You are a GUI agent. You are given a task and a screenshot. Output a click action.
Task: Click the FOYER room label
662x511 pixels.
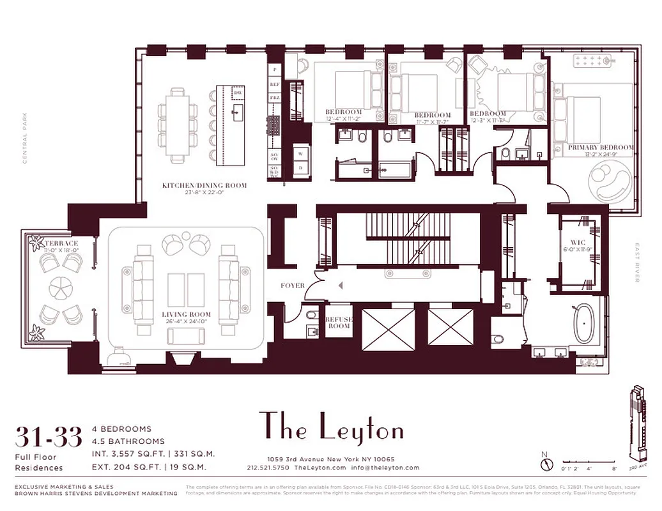pos(293,286)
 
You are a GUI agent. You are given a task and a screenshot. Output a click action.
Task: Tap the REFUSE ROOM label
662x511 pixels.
pos(339,323)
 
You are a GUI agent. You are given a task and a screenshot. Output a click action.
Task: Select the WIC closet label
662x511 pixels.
pos(578,243)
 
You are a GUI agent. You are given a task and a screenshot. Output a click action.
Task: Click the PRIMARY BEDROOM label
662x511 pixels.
pos(601,148)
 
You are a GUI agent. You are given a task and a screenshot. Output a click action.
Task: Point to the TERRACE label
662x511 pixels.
pos(61,243)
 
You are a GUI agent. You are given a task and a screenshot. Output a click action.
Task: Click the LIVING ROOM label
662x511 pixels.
pos(186,314)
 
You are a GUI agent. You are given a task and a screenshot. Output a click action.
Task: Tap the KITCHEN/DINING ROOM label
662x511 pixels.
pos(204,185)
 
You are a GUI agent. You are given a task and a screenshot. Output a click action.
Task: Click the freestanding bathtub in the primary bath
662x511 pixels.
pos(584,324)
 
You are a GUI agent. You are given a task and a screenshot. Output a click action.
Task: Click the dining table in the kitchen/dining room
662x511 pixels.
pos(177,125)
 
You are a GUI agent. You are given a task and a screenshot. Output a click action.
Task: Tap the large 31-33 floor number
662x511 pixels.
pos(49,438)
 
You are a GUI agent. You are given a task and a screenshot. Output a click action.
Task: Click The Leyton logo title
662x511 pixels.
pos(331,427)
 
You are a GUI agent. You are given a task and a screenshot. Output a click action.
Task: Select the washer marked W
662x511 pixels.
pos(301,154)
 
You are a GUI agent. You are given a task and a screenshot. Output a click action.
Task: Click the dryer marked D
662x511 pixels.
pos(301,168)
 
